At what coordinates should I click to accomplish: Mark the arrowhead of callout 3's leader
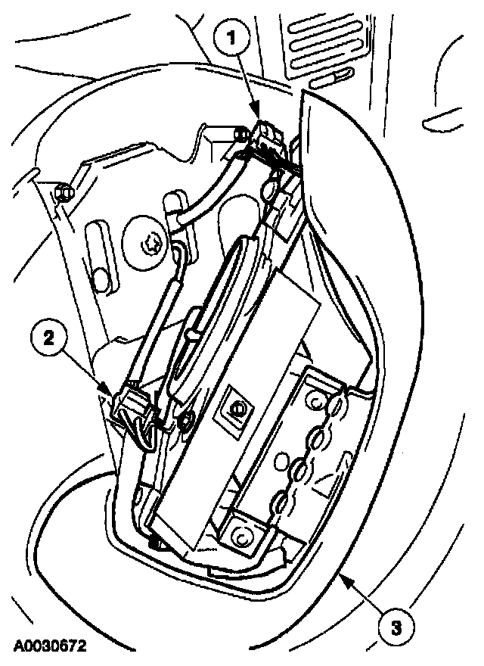(x=342, y=577)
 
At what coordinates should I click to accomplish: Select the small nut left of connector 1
(x=240, y=135)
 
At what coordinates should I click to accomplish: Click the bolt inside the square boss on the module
(x=236, y=409)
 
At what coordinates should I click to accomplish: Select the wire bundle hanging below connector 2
(x=144, y=435)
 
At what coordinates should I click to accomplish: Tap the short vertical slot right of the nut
(x=172, y=204)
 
